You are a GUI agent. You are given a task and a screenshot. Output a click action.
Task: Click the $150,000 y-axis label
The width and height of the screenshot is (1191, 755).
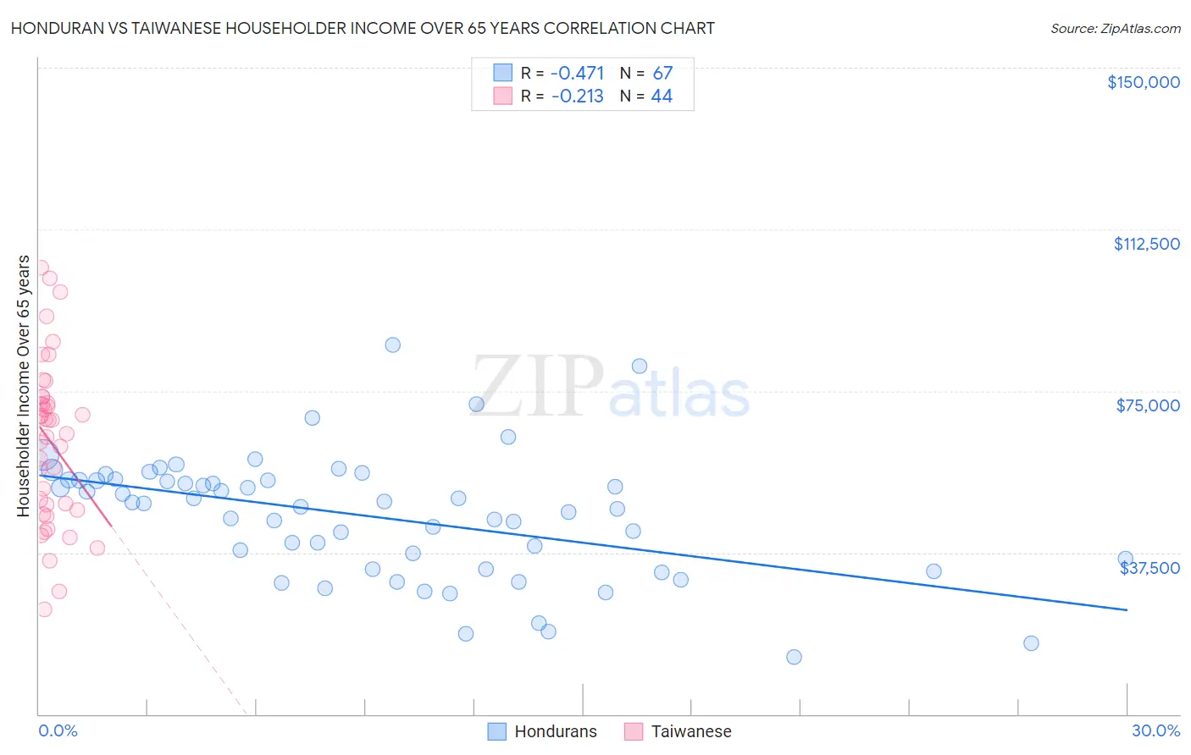coord(1143,82)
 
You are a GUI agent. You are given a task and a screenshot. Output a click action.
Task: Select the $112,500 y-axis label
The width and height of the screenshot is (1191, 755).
coord(1146,244)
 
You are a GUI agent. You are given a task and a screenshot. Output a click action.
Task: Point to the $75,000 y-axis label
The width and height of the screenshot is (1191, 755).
coord(1148,405)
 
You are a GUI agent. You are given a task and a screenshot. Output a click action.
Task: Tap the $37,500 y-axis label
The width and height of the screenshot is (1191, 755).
coord(1149,568)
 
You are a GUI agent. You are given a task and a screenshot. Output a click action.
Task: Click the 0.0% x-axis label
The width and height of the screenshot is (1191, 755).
coord(58,730)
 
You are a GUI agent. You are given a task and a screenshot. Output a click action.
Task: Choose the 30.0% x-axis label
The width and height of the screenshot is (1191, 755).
coord(1155,730)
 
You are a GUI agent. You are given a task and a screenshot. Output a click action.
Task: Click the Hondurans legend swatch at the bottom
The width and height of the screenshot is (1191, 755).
coord(497,731)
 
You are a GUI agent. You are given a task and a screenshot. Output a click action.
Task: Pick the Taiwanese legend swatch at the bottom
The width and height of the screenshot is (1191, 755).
coord(634,731)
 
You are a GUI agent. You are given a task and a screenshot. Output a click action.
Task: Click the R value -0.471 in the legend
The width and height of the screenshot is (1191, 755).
coord(577,73)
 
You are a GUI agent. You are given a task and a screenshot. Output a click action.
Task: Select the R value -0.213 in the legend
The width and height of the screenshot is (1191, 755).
coord(577,96)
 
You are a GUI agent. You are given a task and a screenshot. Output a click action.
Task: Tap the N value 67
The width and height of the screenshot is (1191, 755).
coord(662,73)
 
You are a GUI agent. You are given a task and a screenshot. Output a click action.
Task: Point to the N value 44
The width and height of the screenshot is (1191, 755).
coord(662,96)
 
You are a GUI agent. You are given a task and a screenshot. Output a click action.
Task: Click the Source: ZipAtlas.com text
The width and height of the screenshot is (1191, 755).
coord(1115,29)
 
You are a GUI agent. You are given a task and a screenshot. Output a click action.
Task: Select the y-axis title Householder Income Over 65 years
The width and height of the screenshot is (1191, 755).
coord(24,386)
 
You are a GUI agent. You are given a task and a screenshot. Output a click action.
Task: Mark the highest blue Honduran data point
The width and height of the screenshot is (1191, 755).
coord(392,344)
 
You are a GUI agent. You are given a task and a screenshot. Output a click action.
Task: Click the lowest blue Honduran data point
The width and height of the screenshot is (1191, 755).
coord(794,657)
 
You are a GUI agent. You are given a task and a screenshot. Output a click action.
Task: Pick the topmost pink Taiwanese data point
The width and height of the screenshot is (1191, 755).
coord(40,267)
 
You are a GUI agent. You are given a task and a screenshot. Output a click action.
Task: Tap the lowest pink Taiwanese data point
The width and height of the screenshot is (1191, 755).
coord(44,609)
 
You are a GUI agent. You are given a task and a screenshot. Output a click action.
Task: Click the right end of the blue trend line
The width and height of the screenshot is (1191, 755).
coord(1127,609)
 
